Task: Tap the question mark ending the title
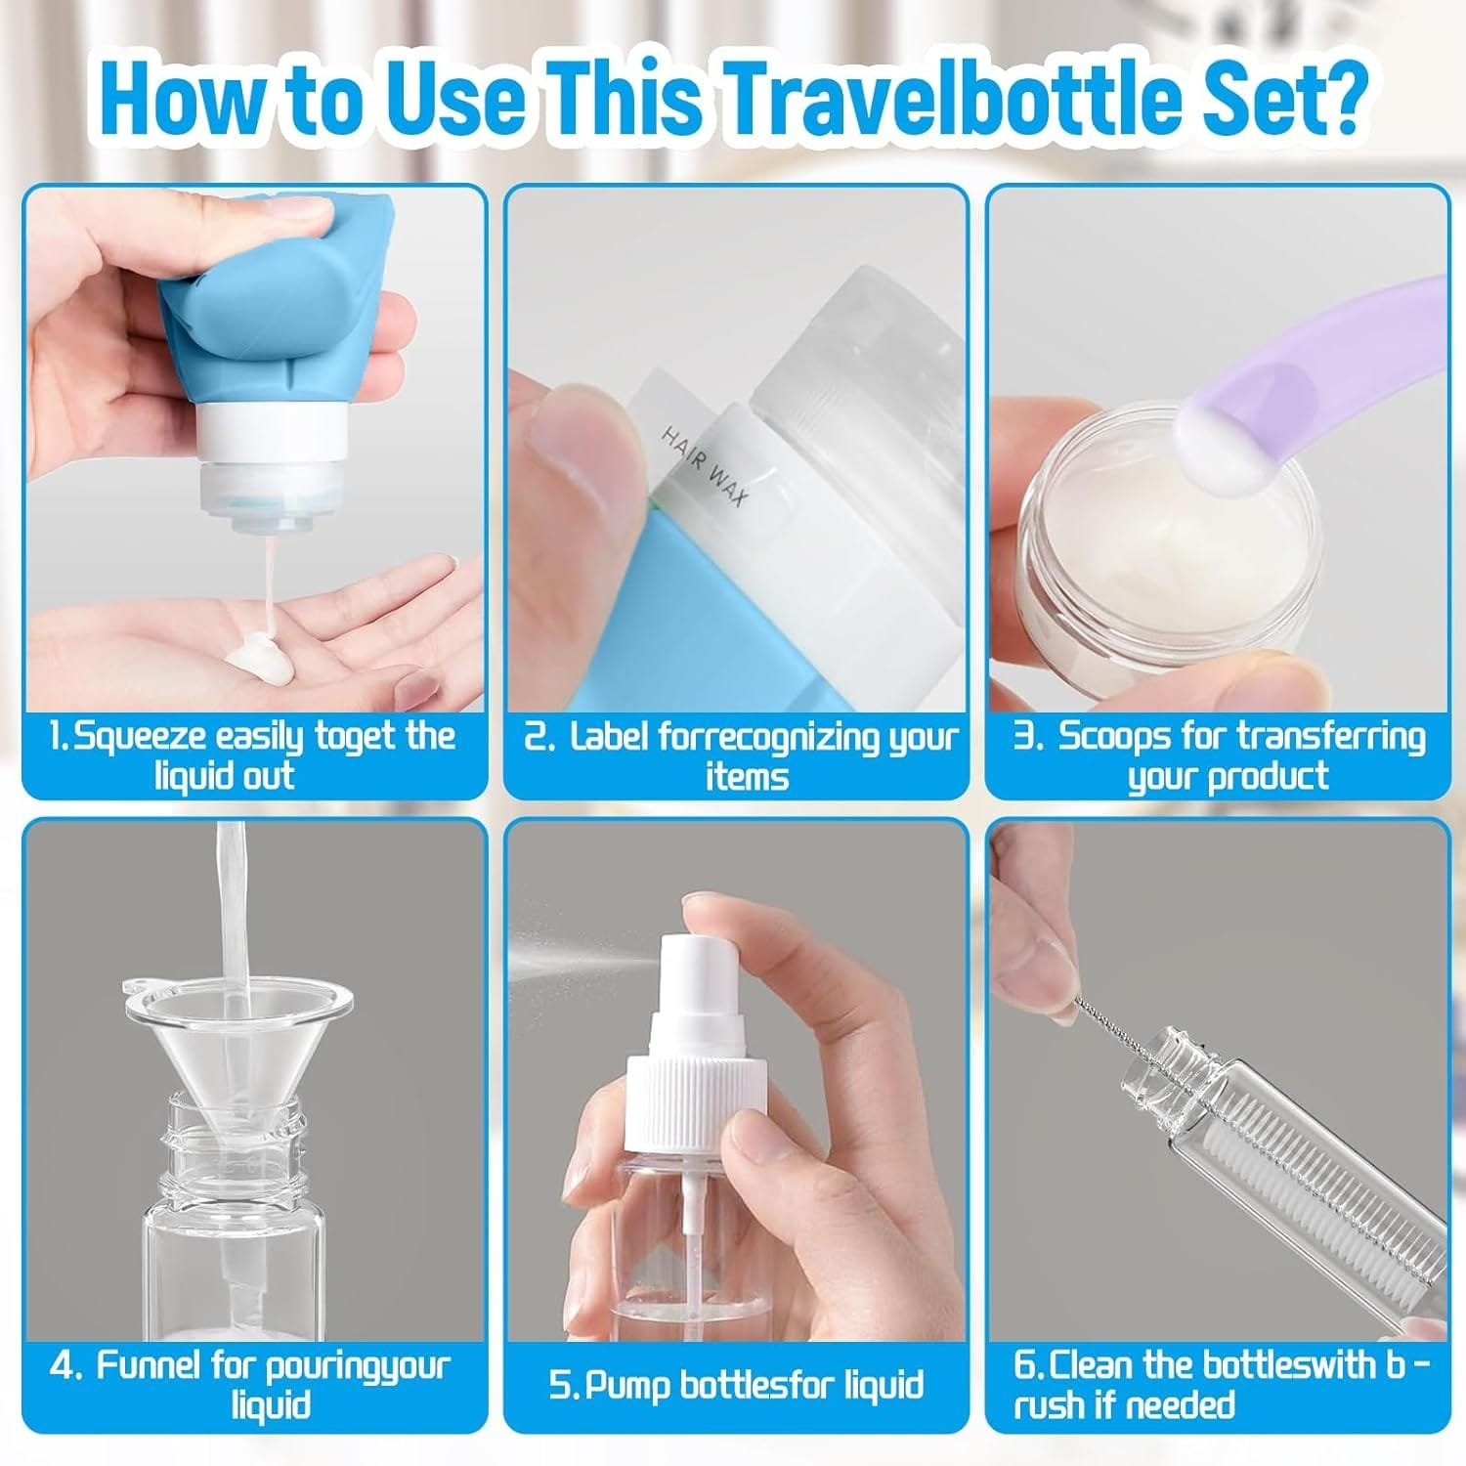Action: click(1338, 99)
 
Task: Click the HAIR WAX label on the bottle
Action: click(704, 464)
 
